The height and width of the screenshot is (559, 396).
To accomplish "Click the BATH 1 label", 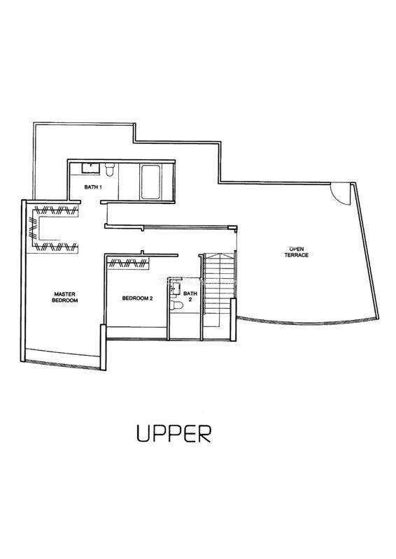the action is pos(93,187).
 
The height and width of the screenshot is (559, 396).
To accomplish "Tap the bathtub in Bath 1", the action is pos(150,182).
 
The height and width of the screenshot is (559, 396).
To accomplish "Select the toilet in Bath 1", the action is pos(109,169).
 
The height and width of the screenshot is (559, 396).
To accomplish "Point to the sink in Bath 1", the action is pos(91,168).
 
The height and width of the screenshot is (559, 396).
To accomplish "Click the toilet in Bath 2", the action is pos(177,305).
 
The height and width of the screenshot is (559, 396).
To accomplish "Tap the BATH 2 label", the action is pos(190,296).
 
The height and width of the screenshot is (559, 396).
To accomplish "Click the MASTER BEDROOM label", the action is pos(64,298).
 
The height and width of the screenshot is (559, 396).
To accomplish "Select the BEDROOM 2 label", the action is pos(137,298).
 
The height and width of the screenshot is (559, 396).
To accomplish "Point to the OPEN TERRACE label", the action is pos(297,252).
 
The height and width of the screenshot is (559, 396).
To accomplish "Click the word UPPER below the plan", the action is pos(174,433).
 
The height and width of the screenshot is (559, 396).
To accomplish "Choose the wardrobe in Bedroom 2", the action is pos(129,263).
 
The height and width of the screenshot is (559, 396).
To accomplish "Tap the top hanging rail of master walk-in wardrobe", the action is pos(56,210).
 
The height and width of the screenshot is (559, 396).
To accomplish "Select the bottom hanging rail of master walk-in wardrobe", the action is pos(56,246).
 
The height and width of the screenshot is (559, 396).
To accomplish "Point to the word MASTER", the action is pos(64,294).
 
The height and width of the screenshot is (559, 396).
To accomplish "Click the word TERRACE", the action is pos(297,255).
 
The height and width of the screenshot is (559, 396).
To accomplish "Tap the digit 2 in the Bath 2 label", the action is pos(190,300).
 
